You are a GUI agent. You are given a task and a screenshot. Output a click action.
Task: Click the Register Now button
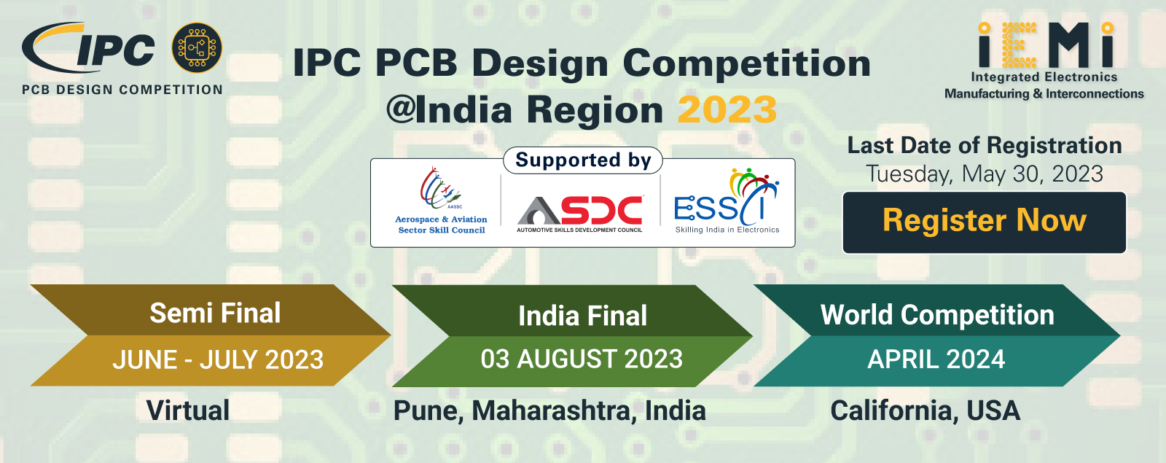coord(984,222)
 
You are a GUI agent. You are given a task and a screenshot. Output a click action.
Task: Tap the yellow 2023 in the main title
coord(727,110)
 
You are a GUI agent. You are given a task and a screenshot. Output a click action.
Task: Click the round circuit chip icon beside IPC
coord(197,47)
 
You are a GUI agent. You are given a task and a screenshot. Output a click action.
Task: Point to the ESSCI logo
coord(727,201)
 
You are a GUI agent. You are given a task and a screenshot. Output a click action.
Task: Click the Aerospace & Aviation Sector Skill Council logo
coord(441,201)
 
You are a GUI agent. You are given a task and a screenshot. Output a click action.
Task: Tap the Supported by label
coord(583,160)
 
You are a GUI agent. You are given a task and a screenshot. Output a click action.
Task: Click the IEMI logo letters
coord(1045,45)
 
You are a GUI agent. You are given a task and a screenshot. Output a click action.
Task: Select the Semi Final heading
coord(215,313)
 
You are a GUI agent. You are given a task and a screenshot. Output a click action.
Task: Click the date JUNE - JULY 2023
coord(218,360)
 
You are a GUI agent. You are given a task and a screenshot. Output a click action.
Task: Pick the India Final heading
coord(582,316)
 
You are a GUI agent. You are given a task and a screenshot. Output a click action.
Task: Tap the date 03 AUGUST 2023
coord(582,359)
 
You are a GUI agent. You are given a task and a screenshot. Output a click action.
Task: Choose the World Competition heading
coord(937,314)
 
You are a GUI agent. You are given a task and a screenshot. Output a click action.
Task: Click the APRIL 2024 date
coord(936,359)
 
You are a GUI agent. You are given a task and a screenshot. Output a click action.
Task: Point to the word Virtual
coord(188,411)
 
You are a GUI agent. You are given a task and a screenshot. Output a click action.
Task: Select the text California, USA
coord(925,411)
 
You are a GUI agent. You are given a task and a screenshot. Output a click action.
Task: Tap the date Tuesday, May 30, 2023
coord(985,174)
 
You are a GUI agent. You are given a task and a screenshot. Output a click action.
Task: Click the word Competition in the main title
coord(747,65)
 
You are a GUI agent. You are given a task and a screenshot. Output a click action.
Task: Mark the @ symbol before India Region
coord(400,109)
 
